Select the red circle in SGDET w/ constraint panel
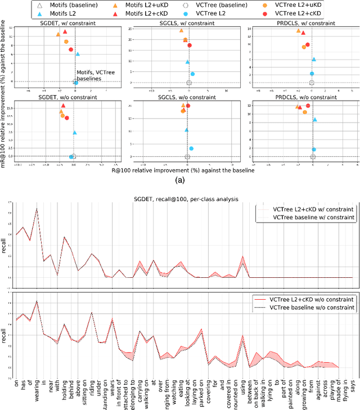71,49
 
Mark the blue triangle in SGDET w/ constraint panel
78,54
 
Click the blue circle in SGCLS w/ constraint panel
192,74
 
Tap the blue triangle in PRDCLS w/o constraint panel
315,119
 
